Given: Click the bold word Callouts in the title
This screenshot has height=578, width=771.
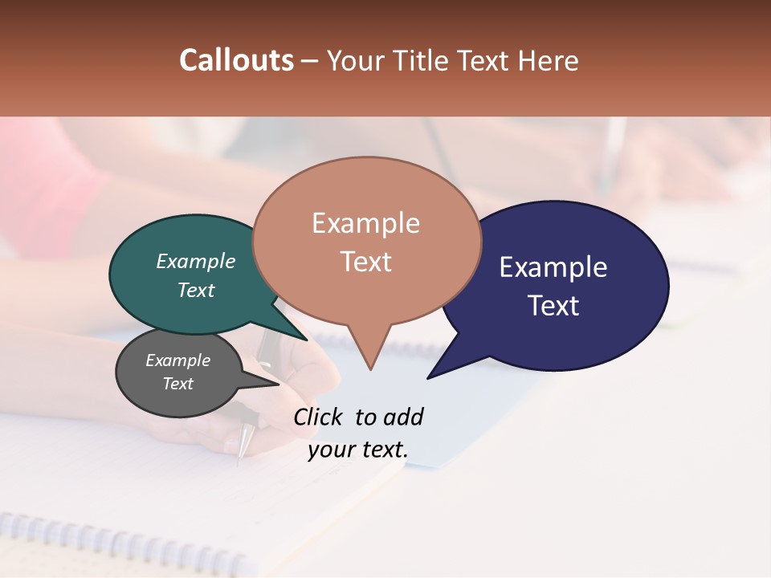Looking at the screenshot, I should tap(236, 60).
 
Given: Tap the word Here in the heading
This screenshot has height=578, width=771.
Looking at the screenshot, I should tap(549, 60).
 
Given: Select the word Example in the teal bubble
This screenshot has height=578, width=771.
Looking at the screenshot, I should tap(196, 262).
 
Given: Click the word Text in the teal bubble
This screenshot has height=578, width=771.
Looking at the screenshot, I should tap(196, 290).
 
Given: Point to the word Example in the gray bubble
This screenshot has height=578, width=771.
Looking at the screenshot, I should tap(178, 360).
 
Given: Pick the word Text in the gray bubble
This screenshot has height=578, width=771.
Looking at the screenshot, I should tap(178, 384).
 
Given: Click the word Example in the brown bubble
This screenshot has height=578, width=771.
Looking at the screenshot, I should tap(366, 223).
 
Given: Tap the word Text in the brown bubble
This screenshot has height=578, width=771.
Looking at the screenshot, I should tap(366, 262).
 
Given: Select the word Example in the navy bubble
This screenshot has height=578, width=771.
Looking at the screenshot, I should tap(553, 267).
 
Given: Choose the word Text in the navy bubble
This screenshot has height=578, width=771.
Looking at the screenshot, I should tap(553, 306).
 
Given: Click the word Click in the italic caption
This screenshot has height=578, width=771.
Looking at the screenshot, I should tap(317, 417).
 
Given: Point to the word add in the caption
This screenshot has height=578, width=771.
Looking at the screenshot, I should tap(403, 417).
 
